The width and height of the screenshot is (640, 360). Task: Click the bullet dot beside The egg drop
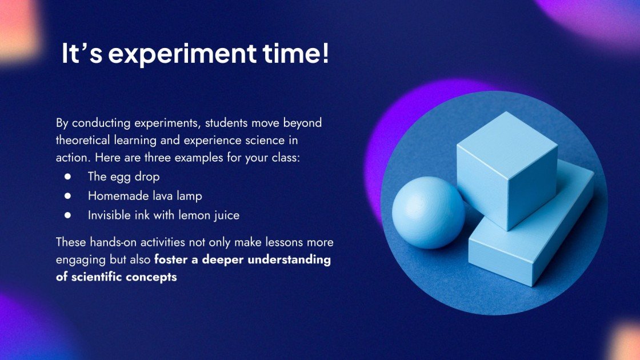click(x=67, y=177)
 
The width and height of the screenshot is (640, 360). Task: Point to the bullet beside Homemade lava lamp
click(x=67, y=196)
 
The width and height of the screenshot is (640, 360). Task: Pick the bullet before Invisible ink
click(x=67, y=215)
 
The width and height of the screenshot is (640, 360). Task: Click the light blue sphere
click(x=428, y=212)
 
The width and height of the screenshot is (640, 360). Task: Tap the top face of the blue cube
click(x=506, y=136)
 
